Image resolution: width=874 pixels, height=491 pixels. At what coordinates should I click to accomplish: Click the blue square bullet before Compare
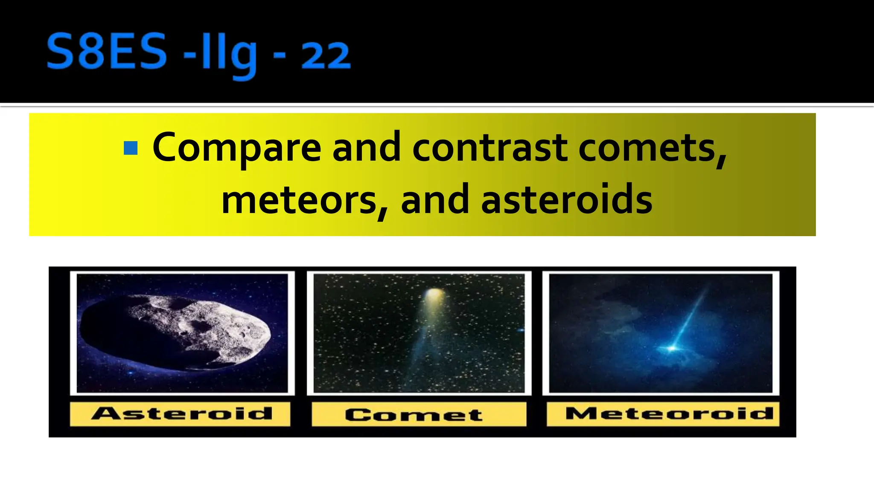pyautogui.click(x=131, y=148)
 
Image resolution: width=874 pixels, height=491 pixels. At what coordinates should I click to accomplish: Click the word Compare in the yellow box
pyautogui.click(x=237, y=147)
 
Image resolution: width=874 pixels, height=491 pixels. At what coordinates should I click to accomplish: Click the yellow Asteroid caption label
pyautogui.click(x=181, y=413)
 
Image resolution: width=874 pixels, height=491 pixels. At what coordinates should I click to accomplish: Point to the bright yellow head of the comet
pyautogui.click(x=434, y=295)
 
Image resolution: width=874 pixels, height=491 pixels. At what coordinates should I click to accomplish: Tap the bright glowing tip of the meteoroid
pyautogui.click(x=672, y=348)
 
